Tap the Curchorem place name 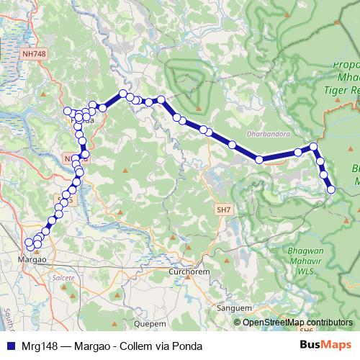(x=188, y=272)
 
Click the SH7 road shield (x=223, y=209)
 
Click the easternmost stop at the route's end (x=331, y=190)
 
